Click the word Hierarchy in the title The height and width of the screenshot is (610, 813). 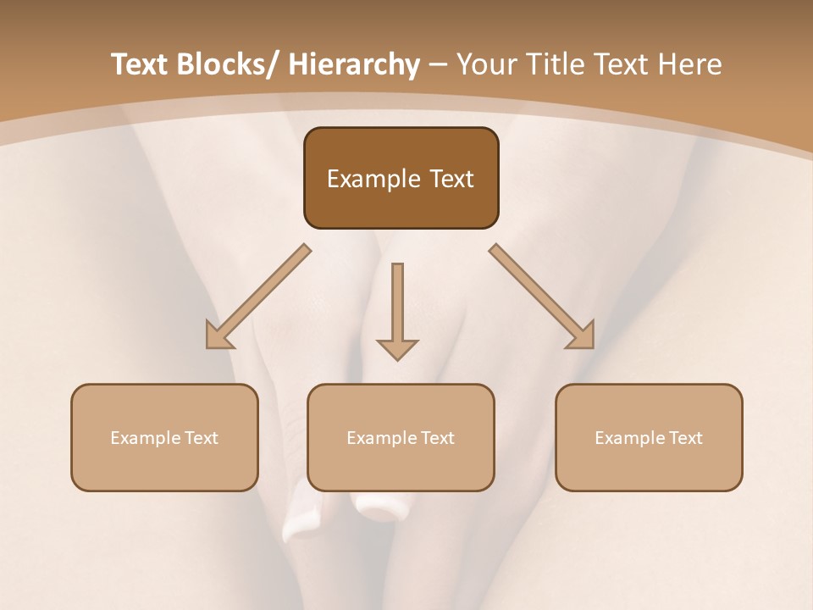point(354,64)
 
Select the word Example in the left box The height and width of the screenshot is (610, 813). point(145,438)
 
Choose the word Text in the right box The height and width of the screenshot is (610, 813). point(685,438)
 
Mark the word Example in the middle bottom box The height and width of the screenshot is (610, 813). point(381,438)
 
